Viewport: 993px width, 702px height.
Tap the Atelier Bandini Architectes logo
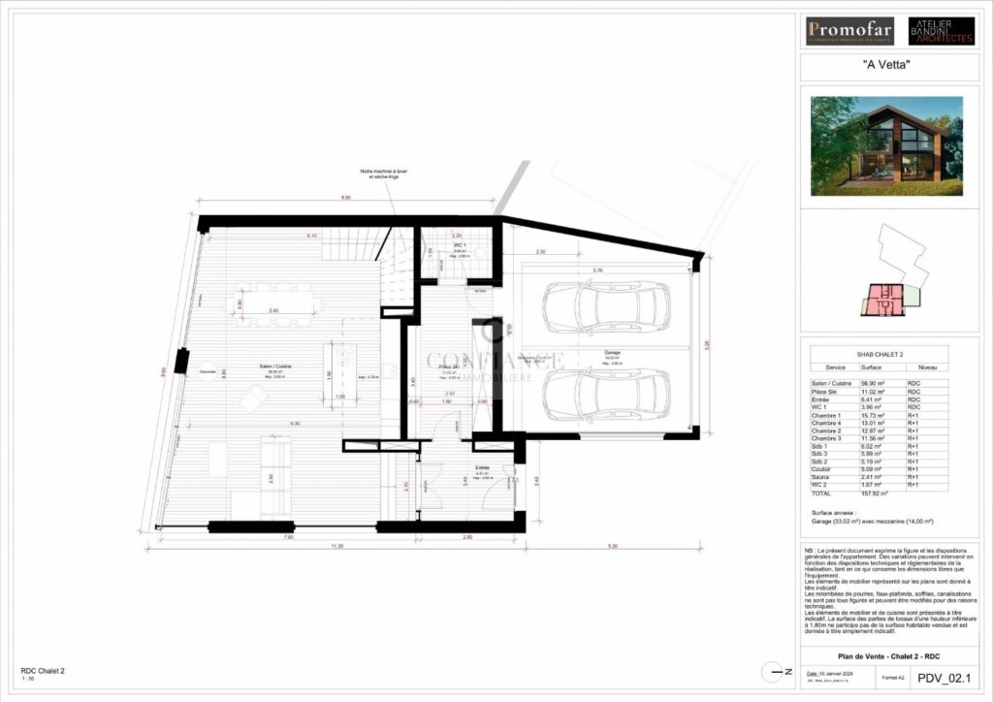click(941, 30)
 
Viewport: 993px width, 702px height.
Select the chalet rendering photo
click(887, 142)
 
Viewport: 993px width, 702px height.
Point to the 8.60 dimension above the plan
click(345, 198)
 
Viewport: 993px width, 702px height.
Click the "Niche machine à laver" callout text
click(388, 174)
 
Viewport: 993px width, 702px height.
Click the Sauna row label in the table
click(821, 477)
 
